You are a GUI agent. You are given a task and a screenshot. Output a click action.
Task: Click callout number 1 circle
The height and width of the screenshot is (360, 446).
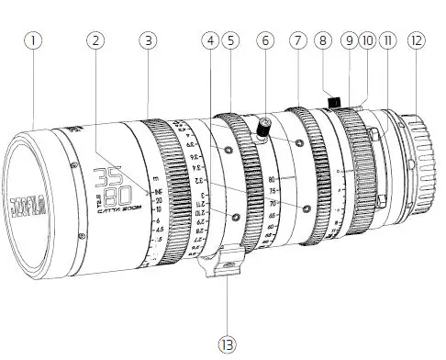click(35, 40)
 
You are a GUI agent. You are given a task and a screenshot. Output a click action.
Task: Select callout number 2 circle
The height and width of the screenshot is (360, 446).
click(96, 40)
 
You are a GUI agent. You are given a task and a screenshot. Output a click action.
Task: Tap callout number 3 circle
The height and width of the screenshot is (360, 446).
click(148, 40)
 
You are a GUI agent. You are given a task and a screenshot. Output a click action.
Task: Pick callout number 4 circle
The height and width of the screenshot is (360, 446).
click(212, 40)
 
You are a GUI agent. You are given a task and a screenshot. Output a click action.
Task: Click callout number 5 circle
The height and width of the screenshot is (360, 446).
click(231, 40)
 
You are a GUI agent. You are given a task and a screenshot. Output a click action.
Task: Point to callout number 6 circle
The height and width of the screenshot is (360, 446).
click(265, 40)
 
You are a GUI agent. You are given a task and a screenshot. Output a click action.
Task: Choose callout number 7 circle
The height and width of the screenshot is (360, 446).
click(296, 40)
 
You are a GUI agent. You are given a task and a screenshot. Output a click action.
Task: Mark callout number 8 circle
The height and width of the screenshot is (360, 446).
click(322, 40)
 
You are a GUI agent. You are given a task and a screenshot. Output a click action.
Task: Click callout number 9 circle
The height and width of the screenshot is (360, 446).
click(348, 40)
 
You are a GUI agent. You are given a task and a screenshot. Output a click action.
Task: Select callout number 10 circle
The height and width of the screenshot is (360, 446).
click(367, 40)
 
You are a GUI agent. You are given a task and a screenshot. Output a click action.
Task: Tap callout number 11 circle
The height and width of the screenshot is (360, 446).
click(388, 40)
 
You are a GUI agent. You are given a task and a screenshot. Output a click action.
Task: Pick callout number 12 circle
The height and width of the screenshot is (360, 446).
click(418, 40)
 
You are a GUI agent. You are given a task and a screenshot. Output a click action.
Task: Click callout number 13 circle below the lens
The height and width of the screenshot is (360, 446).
click(227, 343)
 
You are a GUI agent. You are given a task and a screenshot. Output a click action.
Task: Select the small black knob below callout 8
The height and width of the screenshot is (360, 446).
click(335, 99)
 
